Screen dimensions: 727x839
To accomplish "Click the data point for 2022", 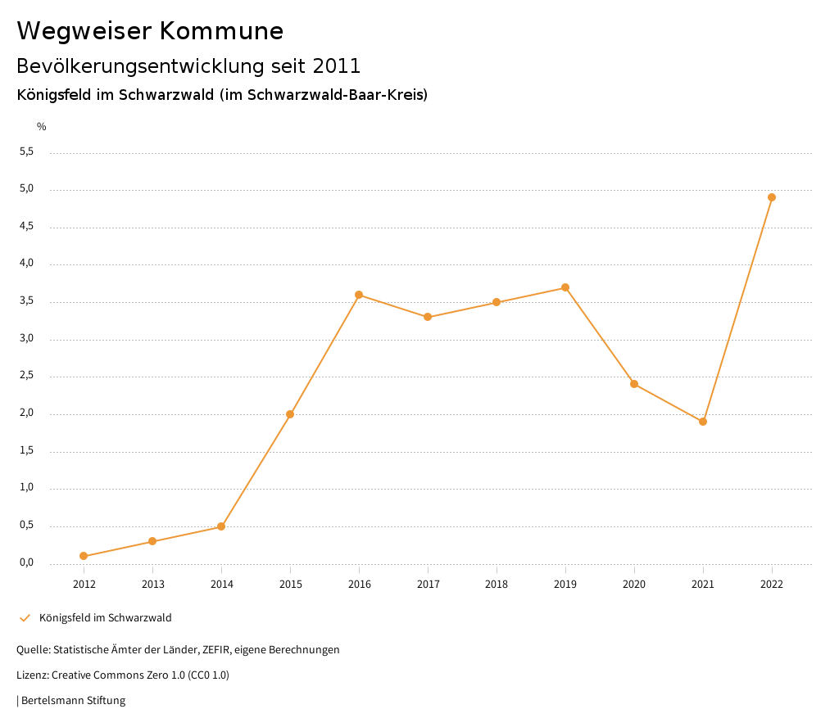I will pyautogui.click(x=772, y=197).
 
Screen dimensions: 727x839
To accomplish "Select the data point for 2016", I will pyautogui.click(x=359, y=295).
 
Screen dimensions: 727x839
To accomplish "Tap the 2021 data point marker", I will pyautogui.click(x=703, y=422).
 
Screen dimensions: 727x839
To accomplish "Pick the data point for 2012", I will pyautogui.click(x=84, y=556).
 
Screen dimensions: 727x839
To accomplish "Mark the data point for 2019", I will pyautogui.click(x=565, y=287).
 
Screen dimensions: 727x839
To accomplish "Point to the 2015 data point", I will pyautogui.click(x=290, y=414).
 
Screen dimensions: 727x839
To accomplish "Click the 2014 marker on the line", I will pyautogui.click(x=221, y=526).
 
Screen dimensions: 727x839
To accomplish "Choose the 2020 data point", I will pyautogui.click(x=634, y=384).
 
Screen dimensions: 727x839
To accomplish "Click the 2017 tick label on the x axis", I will pyautogui.click(x=428, y=585).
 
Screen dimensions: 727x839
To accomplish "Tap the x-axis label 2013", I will pyautogui.click(x=152, y=585).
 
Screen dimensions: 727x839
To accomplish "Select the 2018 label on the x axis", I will pyautogui.click(x=497, y=585).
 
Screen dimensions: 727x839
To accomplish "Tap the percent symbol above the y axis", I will pyautogui.click(x=42, y=127).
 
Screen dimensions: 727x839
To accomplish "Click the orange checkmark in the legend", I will pyautogui.click(x=25, y=618).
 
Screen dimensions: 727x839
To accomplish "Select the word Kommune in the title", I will pyautogui.click(x=221, y=31).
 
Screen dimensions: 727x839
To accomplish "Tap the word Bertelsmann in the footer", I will pyautogui.click(x=52, y=701).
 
